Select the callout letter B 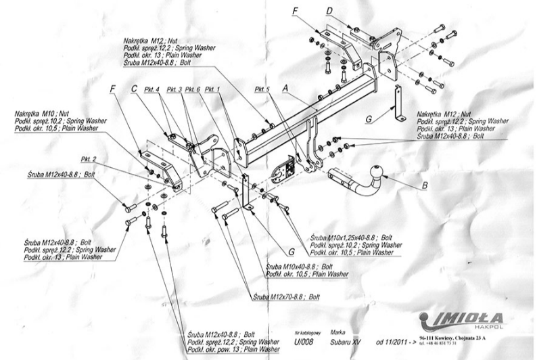pos(424,184)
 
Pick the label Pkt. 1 pos(212,89)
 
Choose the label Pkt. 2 pos(89,159)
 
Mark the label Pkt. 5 pos(262,89)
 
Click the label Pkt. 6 pos(193,89)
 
